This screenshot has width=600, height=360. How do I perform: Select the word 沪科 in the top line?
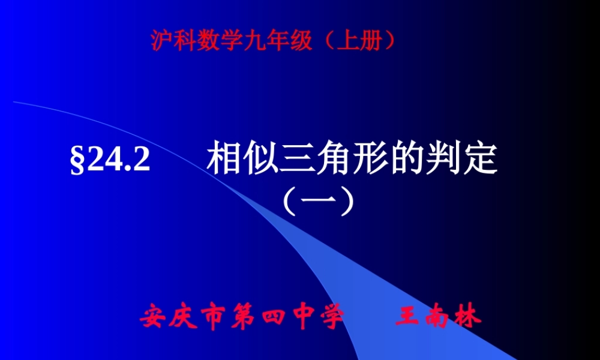tap(169, 41)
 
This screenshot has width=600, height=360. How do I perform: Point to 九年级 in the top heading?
tap(267, 41)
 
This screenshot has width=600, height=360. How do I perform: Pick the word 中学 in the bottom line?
tap(312, 317)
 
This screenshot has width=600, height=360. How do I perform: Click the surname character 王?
tap(409, 317)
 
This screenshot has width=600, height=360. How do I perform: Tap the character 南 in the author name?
tap(439, 317)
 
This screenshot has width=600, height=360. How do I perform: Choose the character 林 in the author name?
tap(468, 317)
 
